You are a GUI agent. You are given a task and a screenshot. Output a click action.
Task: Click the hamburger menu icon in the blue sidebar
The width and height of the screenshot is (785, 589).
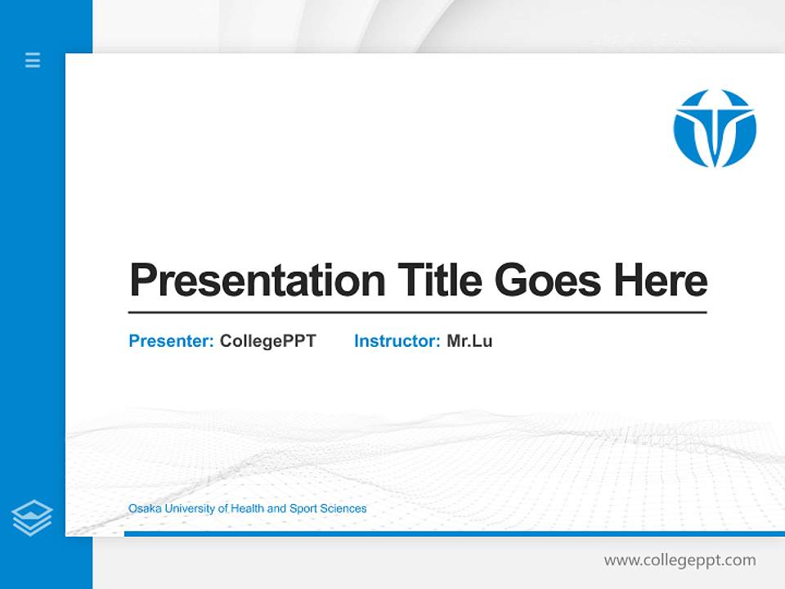pos(33,60)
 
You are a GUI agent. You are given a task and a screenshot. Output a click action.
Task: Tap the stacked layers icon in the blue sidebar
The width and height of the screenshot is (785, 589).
pos(32,518)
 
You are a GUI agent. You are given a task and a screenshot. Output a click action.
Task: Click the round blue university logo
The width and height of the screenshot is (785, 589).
pos(715,128)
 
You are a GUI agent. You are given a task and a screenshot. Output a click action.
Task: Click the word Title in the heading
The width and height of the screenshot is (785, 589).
pos(440,281)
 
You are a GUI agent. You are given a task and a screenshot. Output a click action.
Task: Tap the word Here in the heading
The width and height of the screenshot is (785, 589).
pos(661,281)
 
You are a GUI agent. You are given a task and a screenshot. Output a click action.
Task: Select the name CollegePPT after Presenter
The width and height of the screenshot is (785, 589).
pos(267,341)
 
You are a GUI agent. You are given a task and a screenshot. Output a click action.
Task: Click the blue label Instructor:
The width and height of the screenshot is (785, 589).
pos(397,341)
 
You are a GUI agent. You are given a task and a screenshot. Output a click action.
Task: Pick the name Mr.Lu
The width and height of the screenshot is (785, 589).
pos(469,341)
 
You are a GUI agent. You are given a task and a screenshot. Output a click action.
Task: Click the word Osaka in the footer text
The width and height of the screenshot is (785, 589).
pos(145,509)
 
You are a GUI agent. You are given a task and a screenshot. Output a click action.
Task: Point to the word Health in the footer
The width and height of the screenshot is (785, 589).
pos(248,509)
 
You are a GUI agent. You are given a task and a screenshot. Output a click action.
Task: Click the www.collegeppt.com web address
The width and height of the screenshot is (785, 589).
pos(680,560)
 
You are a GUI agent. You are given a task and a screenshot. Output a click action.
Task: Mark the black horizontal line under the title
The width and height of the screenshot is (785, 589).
pos(417,312)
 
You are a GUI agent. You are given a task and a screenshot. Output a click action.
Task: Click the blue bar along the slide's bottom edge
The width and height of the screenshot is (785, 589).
pos(454,533)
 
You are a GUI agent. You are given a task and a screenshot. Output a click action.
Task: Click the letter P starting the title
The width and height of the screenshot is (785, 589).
pos(142,281)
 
